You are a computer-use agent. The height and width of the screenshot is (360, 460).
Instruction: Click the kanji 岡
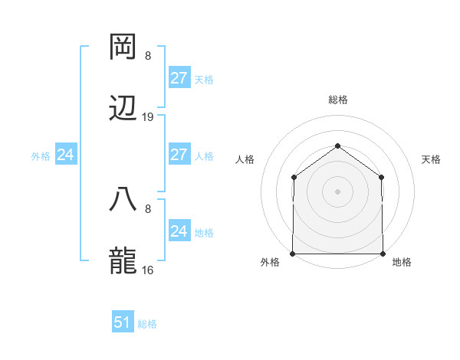coord(123,47)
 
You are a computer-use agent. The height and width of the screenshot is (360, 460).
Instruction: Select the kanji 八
coord(123,201)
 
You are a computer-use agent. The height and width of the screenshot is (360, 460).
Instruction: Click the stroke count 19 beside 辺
coord(148,117)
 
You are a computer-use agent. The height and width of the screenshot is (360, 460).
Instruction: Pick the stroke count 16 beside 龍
coord(148,270)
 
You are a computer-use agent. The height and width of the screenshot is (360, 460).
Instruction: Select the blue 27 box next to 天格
coord(179,78)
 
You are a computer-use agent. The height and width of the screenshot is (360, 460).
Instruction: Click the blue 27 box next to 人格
coord(179,155)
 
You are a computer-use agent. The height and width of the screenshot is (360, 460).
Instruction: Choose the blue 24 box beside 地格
coord(179,231)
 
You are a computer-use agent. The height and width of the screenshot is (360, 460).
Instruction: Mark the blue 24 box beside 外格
coord(66,155)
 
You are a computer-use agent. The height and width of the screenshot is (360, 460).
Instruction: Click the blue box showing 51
coord(123,322)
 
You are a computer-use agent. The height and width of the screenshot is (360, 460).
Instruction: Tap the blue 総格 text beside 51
coord(147,324)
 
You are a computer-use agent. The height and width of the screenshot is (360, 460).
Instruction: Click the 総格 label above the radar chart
coord(337,100)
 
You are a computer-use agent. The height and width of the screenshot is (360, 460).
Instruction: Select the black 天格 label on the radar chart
coord(431,159)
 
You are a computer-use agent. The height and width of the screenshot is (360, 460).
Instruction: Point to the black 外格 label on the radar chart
coord(270,263)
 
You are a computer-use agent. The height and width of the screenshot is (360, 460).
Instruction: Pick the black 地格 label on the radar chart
coord(402,263)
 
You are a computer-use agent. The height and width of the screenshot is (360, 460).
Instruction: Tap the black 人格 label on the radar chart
coord(245,159)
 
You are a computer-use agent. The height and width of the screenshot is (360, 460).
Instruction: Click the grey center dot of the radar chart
coord(337,191)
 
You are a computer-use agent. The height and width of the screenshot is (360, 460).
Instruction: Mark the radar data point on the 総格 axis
coord(337,145)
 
